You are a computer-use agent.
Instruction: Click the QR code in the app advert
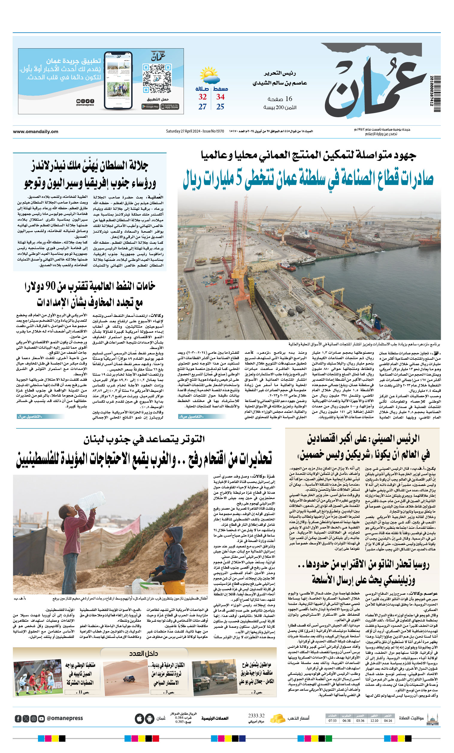click(157, 78)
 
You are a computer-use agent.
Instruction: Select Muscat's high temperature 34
click(220, 97)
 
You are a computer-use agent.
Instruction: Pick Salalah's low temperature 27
click(202, 107)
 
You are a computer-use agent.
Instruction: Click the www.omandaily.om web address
click(35, 132)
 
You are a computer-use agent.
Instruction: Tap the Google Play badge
click(150, 107)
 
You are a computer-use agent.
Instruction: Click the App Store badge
click(170, 107)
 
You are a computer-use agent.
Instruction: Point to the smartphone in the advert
click(118, 81)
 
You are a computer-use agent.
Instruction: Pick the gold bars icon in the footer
click(277, 718)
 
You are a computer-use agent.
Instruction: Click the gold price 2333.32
click(256, 716)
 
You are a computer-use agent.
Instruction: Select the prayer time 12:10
click(374, 721)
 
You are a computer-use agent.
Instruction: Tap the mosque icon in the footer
click(432, 719)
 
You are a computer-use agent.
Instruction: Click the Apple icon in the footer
click(139, 719)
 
